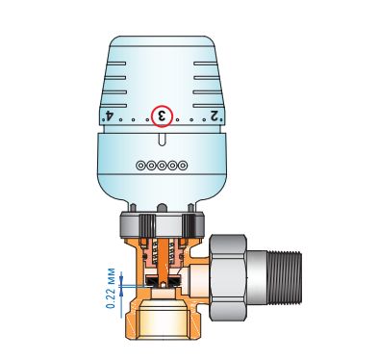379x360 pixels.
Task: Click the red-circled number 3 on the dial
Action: [x=162, y=116]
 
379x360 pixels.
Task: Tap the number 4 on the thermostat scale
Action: [x=110, y=116]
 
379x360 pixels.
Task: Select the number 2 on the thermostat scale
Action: [x=215, y=116]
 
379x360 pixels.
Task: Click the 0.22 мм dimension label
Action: [x=111, y=288]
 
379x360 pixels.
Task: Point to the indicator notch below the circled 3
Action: [x=163, y=140]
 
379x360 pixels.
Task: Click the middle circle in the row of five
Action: [x=162, y=166]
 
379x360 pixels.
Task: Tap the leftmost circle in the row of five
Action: [x=140, y=166]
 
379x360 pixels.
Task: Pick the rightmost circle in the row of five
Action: [x=183, y=166]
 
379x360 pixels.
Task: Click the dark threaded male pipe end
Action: [x=285, y=277]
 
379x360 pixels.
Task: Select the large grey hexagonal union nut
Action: [x=228, y=277]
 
